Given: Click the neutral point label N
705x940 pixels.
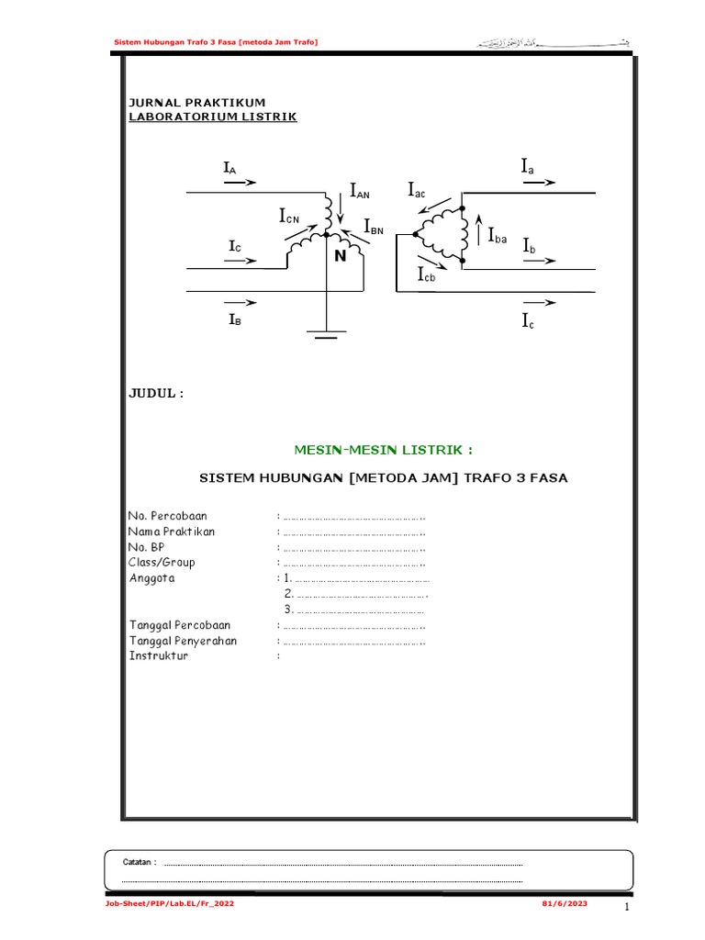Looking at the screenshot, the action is point(340,257).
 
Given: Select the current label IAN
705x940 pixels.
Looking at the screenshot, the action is point(359,191).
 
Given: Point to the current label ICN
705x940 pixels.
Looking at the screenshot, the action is point(289,217).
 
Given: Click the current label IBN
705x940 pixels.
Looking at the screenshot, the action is point(373,226).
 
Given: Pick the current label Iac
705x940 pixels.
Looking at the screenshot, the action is point(418,190).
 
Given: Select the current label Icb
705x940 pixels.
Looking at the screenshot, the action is point(427,275).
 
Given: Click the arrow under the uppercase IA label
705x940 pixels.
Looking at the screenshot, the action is point(240,183).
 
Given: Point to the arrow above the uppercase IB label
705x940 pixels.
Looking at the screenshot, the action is point(240,302).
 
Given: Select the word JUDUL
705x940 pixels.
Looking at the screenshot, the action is point(155,394).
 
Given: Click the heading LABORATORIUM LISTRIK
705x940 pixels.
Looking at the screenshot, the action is point(212,117).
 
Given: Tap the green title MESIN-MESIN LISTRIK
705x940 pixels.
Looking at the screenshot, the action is point(384,450).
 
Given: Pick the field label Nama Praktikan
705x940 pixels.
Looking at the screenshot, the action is point(173,532).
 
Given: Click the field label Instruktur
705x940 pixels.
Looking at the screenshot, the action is point(159,655).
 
